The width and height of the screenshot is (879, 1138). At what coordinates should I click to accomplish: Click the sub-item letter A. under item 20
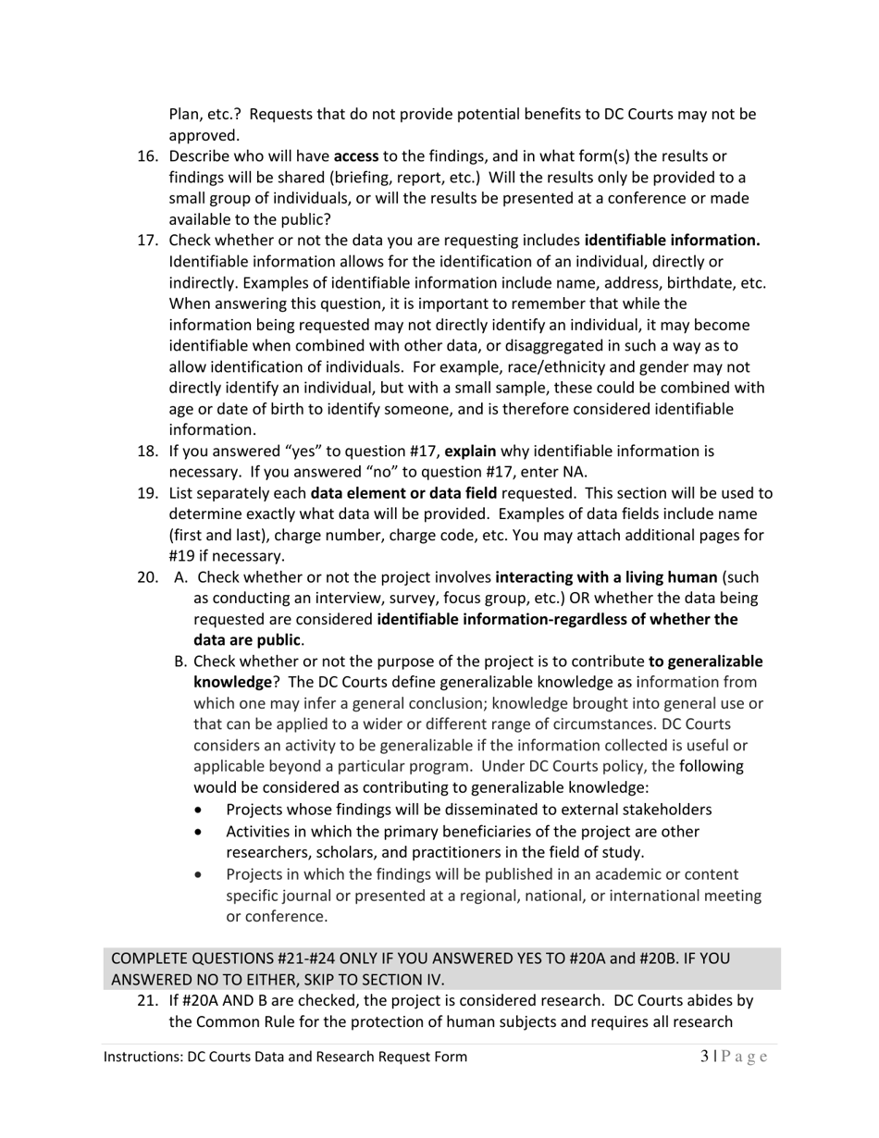click(x=180, y=577)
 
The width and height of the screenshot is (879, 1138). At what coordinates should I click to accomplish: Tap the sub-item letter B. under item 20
click(x=180, y=662)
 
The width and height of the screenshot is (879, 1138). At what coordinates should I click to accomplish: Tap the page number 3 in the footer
click(x=704, y=1057)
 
